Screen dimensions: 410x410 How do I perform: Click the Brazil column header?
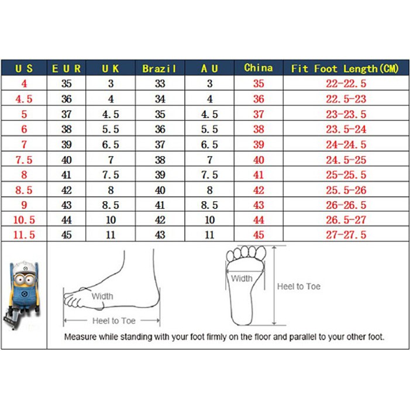tap(160, 68)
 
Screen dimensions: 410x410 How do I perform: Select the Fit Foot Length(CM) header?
tap(345, 68)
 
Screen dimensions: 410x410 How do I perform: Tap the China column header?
tap(259, 68)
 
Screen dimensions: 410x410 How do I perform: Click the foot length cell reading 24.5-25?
tap(345, 160)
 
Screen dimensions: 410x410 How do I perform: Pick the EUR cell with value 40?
tap(67, 160)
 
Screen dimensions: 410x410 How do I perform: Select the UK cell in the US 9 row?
tap(111, 205)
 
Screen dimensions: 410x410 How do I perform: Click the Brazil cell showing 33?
tap(160, 84)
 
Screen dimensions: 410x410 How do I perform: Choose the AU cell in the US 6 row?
tap(209, 129)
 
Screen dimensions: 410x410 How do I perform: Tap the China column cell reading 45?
tap(259, 235)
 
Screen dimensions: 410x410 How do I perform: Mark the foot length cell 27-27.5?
tap(345, 235)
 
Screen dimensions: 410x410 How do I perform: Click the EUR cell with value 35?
tap(67, 84)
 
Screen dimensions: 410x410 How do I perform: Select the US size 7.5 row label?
tap(24, 160)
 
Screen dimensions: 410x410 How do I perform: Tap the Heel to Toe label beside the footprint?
tap(298, 287)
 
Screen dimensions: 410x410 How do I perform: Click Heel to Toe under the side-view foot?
tap(113, 321)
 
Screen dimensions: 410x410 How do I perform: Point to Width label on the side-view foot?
tap(102, 297)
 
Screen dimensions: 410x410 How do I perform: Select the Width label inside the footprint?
tap(242, 278)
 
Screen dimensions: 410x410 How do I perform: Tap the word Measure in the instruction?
tap(80, 337)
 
